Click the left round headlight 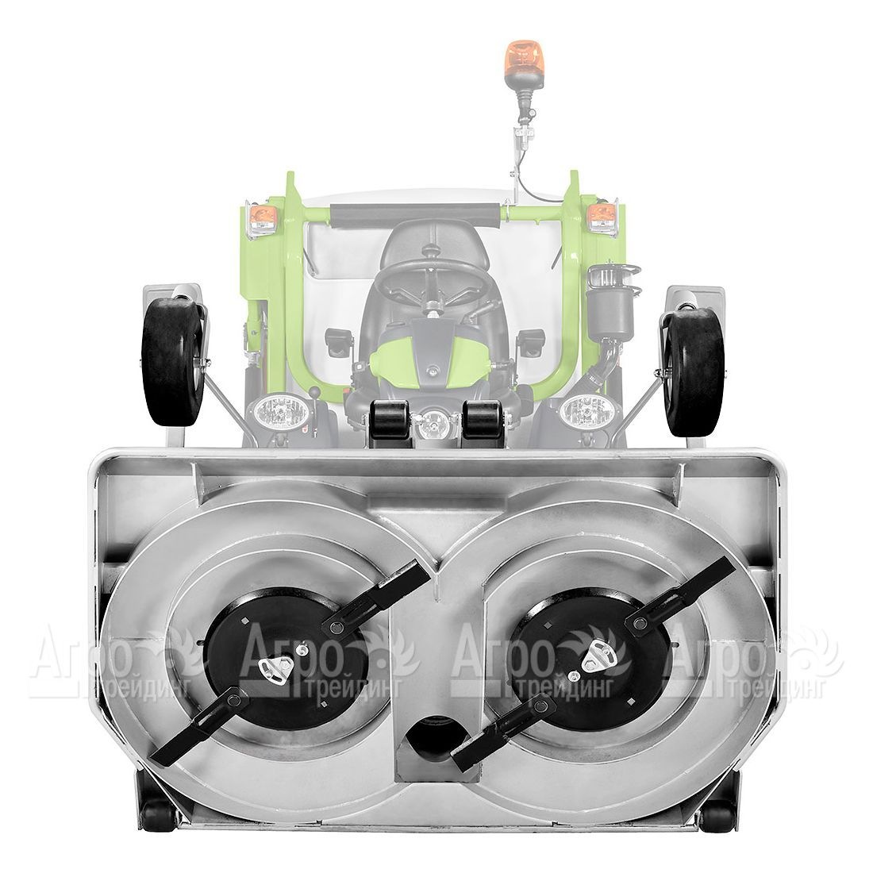[x=280, y=413]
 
